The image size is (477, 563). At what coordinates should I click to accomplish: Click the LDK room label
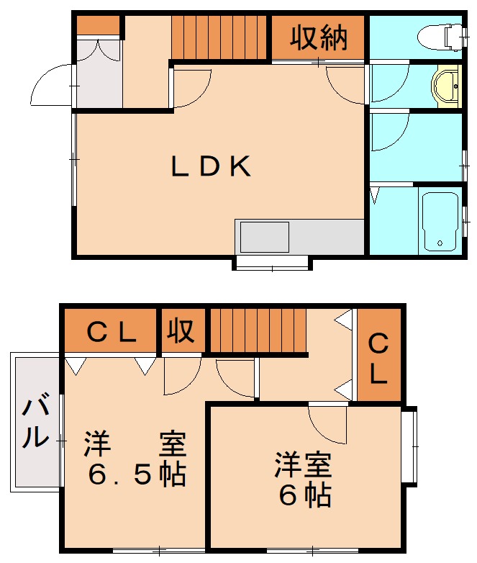point(210,167)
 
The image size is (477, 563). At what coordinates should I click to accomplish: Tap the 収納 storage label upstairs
point(319,39)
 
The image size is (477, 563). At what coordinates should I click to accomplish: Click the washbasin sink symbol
point(446,86)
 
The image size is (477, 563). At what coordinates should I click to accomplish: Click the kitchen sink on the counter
point(265,236)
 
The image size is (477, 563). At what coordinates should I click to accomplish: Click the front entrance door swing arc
point(50,85)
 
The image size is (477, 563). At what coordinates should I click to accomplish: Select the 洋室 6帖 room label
point(303,480)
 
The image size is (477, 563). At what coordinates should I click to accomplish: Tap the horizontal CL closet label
point(112,332)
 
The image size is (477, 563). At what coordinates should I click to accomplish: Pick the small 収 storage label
point(181,331)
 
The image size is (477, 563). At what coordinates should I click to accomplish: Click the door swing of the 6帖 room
point(327,425)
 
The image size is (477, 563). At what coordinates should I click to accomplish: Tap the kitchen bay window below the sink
point(273,263)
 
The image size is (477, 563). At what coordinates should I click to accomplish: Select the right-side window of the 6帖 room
point(409,446)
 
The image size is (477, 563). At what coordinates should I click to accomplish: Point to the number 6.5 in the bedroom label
point(119,475)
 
